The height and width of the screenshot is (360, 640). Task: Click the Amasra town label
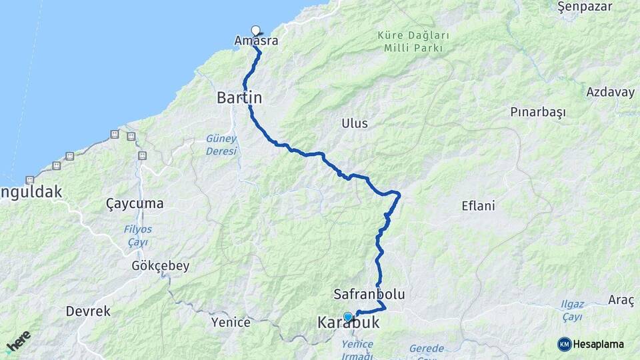(x=256, y=41)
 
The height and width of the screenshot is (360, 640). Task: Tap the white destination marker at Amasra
(x=256, y=30)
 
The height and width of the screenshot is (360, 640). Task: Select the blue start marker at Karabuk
(x=347, y=317)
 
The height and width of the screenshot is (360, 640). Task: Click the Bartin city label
(x=239, y=97)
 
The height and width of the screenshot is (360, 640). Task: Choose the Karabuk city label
(x=348, y=323)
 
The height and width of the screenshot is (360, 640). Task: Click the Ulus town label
(x=354, y=123)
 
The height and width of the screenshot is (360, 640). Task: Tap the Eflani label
(x=478, y=205)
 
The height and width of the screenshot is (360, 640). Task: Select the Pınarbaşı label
(x=537, y=112)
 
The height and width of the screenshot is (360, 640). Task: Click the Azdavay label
(x=610, y=92)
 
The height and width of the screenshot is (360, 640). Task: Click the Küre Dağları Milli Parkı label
(x=413, y=41)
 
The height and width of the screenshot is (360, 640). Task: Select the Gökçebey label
(x=161, y=265)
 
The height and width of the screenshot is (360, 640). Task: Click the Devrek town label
(x=88, y=311)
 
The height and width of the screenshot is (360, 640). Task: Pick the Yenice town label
(x=231, y=323)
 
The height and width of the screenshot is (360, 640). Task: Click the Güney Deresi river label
(x=221, y=145)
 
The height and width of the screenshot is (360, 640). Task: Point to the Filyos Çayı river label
(x=138, y=235)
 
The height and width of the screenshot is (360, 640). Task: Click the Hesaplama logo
(x=591, y=344)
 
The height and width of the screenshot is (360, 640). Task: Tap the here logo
(x=18, y=341)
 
